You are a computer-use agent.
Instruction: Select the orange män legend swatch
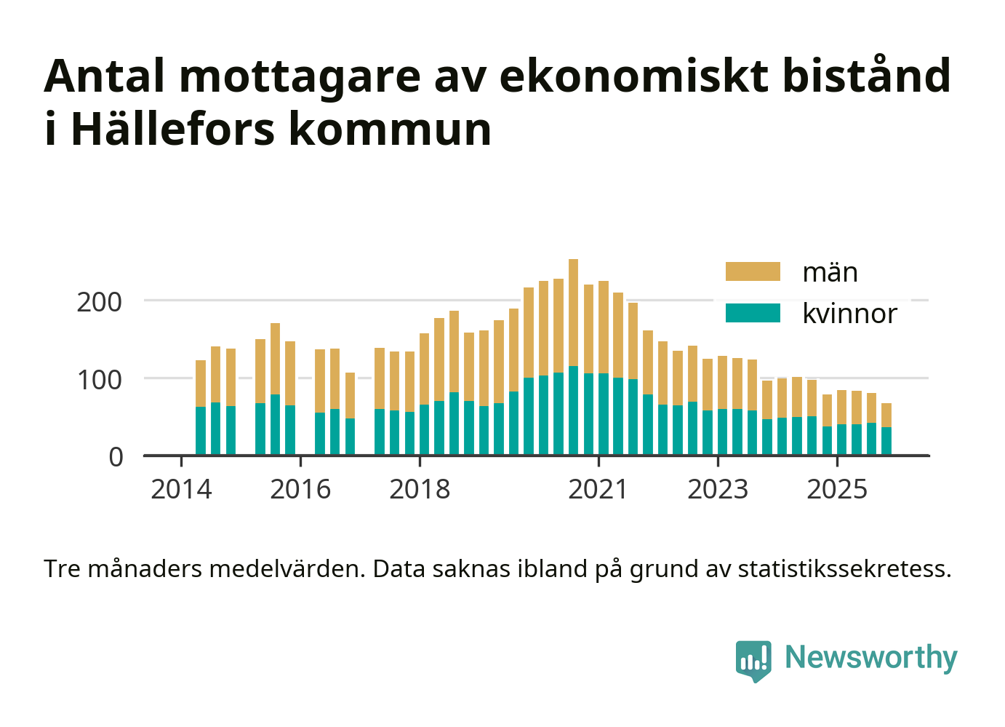(753, 272)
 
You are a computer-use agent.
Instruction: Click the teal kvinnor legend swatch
(753, 314)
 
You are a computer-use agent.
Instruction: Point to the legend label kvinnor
(849, 314)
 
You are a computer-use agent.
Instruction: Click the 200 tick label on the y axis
(100, 302)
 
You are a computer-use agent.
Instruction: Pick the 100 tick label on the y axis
(100, 380)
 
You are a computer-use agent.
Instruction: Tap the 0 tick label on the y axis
(116, 457)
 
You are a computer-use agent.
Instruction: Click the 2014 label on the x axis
(181, 490)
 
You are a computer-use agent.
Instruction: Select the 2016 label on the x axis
(300, 490)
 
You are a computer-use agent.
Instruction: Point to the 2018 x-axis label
(420, 490)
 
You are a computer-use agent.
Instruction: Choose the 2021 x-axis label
(598, 490)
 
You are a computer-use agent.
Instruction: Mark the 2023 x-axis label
(718, 490)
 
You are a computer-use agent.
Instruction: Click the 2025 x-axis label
(837, 490)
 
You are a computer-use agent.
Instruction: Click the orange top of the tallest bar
(573, 313)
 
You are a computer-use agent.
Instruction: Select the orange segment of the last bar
(886, 415)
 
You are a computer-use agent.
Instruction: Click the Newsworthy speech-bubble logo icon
(753, 660)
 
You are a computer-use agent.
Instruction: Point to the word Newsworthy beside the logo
(871, 657)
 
